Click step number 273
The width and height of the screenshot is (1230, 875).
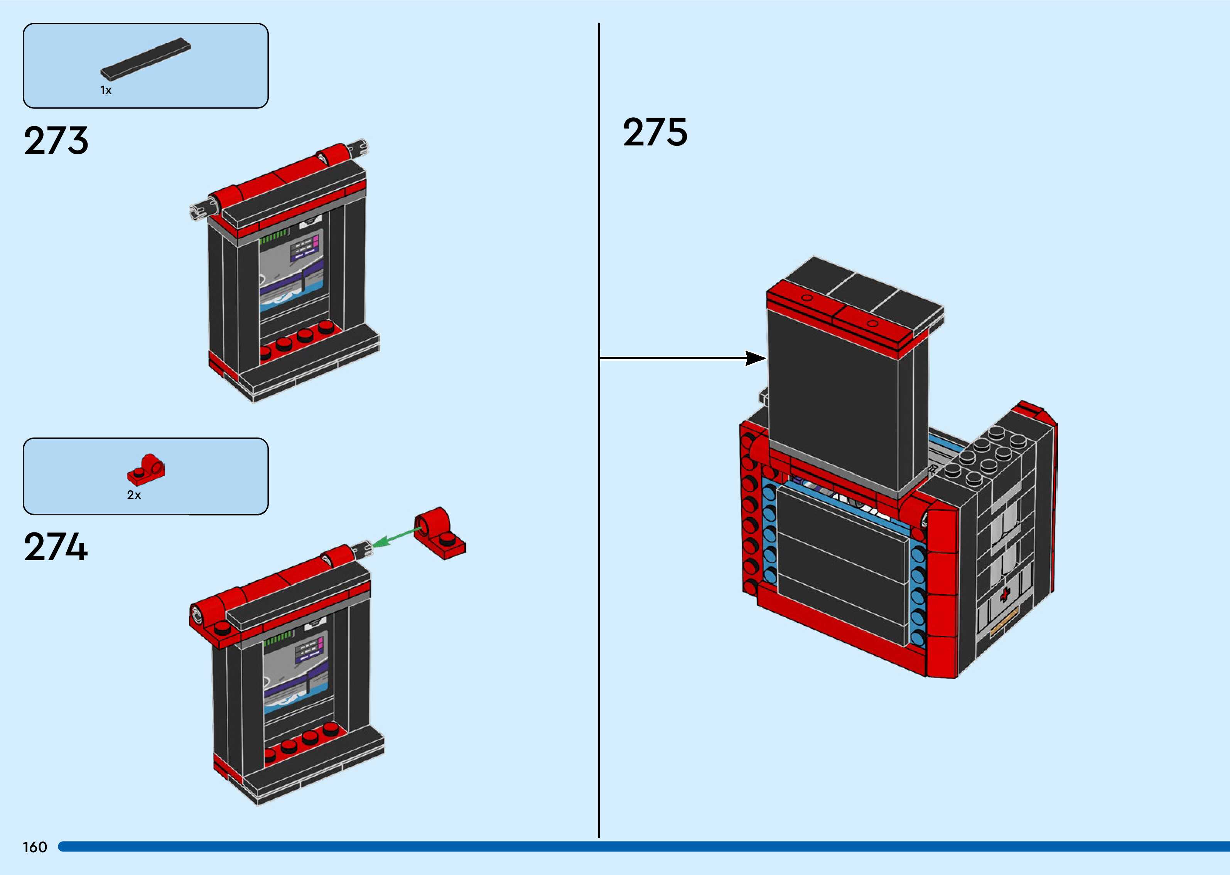56,140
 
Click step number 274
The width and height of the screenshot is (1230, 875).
56,547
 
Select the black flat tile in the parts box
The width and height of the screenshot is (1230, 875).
145,60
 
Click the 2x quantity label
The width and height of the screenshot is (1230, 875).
133,495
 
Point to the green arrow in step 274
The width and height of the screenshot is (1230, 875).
396,538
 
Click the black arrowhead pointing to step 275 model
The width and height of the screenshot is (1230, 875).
756,358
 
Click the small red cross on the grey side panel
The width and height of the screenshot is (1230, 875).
1004,595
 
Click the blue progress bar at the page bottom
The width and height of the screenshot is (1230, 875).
644,846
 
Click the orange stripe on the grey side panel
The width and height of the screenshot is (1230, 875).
1004,620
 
